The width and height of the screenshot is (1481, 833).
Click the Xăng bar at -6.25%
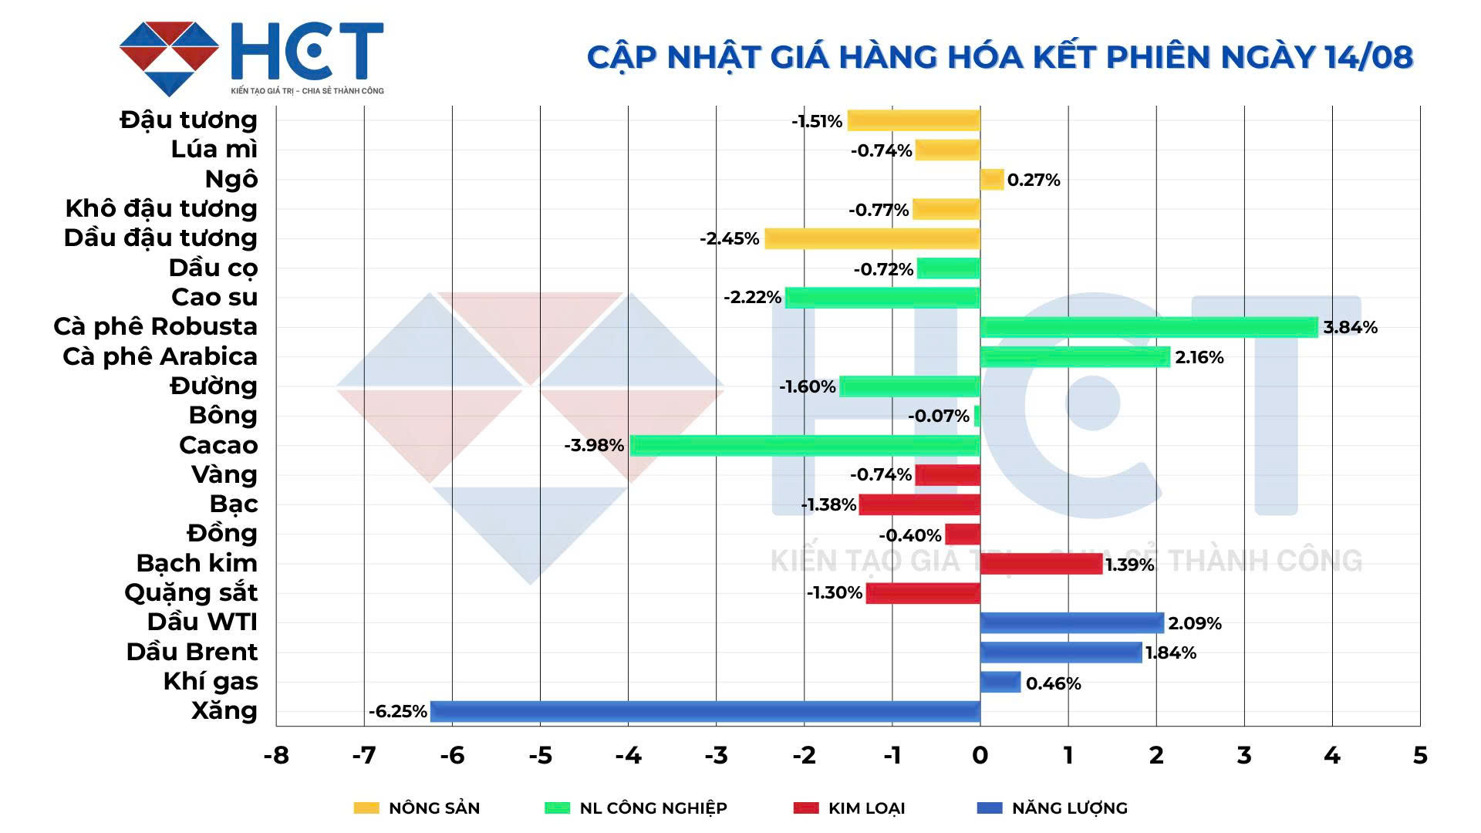[x=705, y=711]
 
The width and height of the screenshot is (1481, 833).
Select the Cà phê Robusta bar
[x=1149, y=327]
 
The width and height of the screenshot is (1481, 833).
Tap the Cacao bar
[x=805, y=445]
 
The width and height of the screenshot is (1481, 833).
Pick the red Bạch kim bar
[x=1041, y=564]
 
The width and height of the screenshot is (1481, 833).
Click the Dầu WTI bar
[x=1071, y=622]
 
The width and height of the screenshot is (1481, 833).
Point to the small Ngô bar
[x=991, y=180]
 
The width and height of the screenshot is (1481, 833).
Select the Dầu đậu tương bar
[x=872, y=238]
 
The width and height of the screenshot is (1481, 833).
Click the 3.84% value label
[x=1350, y=327]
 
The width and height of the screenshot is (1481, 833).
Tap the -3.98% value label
[x=594, y=445]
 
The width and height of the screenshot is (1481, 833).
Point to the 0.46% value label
[x=1053, y=683]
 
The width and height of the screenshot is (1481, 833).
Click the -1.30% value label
[x=834, y=592]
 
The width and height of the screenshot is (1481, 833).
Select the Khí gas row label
[x=211, y=682]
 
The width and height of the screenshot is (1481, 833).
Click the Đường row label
[x=214, y=386]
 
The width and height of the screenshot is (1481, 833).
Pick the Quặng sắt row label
[x=191, y=593]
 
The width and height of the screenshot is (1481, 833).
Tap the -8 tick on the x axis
[x=276, y=755]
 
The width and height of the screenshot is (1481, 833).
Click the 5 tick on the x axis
[x=1419, y=755]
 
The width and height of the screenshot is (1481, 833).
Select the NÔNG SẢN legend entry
[x=417, y=808]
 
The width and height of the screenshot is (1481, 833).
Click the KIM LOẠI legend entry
[x=849, y=808]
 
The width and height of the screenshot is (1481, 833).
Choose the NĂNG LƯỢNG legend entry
[x=1052, y=808]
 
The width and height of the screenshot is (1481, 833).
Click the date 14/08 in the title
[x=1368, y=57]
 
